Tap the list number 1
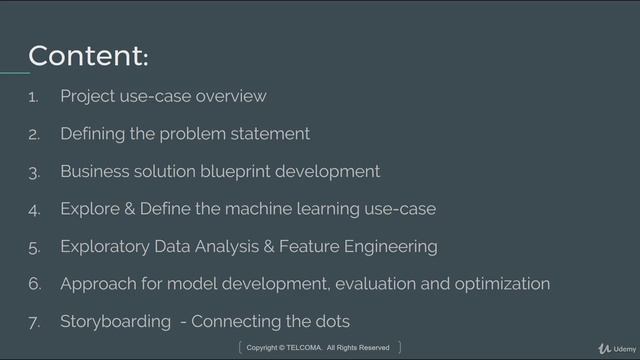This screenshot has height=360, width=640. tap(33, 98)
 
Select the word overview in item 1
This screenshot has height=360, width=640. tap(231, 96)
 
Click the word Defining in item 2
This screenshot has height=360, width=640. tap(92, 134)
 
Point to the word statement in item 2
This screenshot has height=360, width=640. tap(271, 134)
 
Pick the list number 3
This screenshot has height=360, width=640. tap(34, 173)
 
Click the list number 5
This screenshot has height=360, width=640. tap(34, 247)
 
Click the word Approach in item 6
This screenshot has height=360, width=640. tap(97, 284)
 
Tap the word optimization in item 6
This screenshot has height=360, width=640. tap(502, 284)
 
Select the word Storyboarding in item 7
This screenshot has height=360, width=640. tap(116, 322)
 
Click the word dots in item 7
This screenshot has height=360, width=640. tap(331, 321)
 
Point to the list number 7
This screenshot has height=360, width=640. tap(34, 322)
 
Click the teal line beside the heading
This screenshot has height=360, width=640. tap(14, 72)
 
